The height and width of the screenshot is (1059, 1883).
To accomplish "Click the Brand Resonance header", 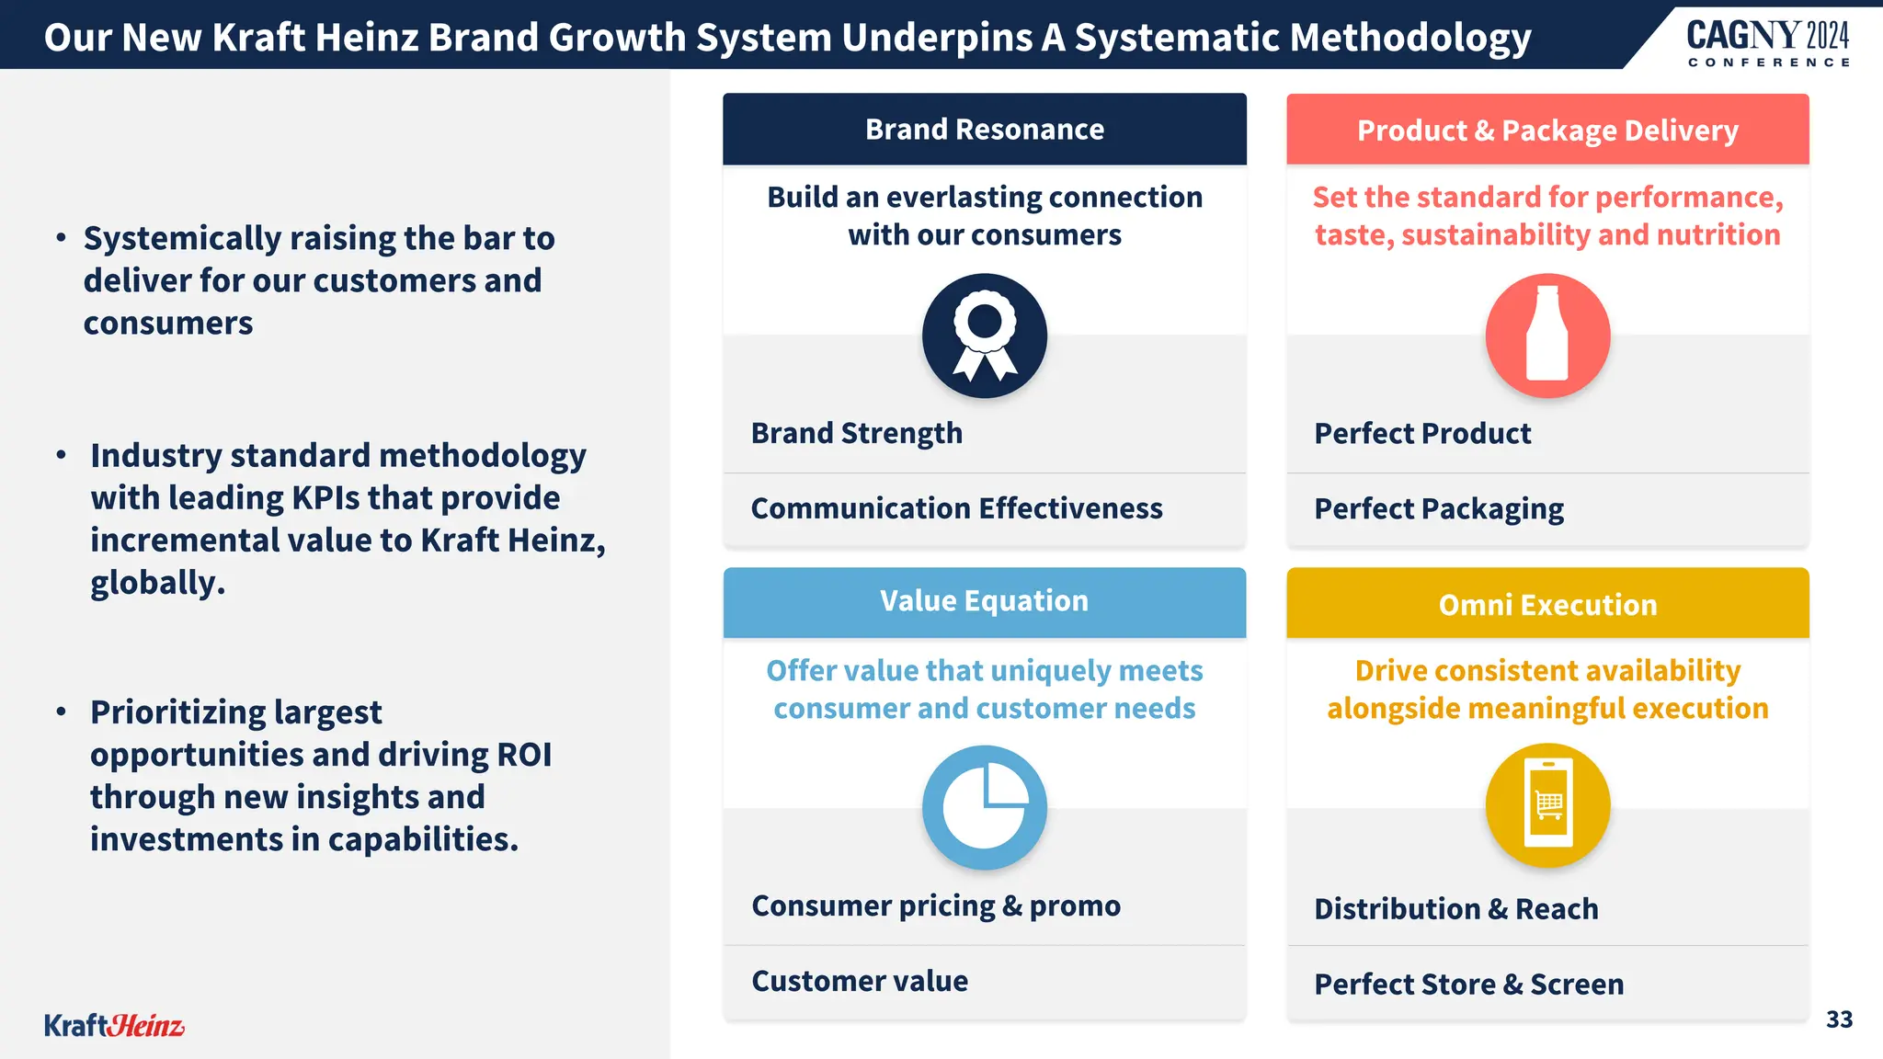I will (984, 130).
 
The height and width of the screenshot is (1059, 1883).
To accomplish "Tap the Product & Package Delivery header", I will (1547, 131).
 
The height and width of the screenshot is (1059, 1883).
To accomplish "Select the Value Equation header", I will (984, 601).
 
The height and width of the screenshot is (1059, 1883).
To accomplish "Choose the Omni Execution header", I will (1547, 604).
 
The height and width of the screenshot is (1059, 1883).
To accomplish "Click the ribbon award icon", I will (984, 336).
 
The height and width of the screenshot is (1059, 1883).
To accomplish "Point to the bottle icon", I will (1547, 336).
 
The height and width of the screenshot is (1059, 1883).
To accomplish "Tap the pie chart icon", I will (984, 807).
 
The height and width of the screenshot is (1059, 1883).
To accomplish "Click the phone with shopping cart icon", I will (1547, 805).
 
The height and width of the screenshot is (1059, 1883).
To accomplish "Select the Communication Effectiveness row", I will (956, 508).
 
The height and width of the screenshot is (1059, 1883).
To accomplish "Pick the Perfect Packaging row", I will (1438, 509).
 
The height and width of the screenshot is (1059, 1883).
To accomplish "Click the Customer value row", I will (860, 981).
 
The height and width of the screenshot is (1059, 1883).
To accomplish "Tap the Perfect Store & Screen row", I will (1468, 985).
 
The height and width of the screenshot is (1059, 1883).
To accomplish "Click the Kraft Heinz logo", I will (114, 1025).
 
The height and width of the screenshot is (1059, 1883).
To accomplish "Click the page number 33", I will (1839, 1019).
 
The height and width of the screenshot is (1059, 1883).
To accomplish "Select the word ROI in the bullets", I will (524, 755).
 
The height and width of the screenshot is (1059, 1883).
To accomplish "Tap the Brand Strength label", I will (856, 433).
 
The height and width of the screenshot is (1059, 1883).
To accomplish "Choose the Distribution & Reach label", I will (1455, 909).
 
